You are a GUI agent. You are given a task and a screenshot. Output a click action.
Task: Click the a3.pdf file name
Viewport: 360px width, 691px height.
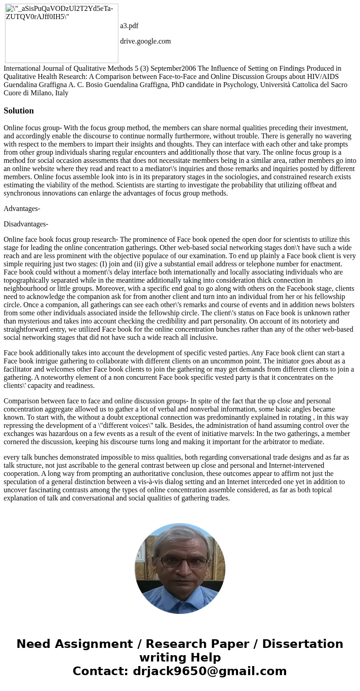(129, 26)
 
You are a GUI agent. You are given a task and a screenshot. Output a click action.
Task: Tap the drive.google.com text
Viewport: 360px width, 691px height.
(145, 41)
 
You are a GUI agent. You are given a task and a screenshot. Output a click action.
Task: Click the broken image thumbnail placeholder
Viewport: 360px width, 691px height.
(62, 33)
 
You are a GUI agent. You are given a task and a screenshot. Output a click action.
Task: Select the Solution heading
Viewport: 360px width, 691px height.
(19, 111)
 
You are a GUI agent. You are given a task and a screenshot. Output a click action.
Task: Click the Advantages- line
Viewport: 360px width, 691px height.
(22, 209)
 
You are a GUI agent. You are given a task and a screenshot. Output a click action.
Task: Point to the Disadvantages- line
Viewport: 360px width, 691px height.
(26, 224)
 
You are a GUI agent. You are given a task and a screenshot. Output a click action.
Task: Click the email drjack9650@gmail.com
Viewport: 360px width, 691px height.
(209, 671)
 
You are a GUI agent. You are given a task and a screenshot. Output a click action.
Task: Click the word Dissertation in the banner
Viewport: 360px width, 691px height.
(302, 644)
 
